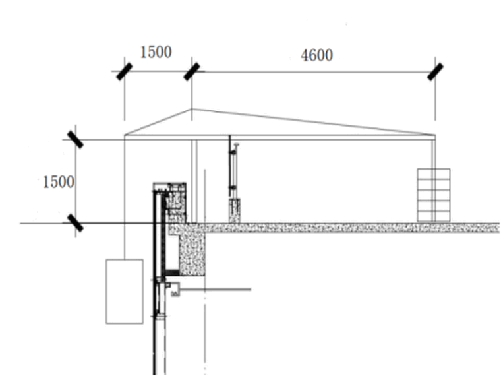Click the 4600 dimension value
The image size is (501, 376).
tap(316, 56)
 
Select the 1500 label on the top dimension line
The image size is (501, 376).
tap(156, 52)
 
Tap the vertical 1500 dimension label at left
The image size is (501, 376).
tap(59, 181)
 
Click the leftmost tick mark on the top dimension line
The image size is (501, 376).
tap(124, 71)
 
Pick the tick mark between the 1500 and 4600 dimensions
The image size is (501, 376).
tap(192, 71)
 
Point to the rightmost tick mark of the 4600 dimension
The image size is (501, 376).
tap(435, 71)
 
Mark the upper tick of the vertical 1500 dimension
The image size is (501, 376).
tap(75, 139)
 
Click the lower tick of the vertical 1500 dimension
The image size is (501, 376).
tap(75, 223)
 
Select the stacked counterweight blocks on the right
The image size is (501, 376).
tap(433, 195)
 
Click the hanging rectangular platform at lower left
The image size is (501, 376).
tap(124, 291)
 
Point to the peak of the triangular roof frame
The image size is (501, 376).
tap(192, 110)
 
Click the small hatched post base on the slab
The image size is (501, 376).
tap(234, 210)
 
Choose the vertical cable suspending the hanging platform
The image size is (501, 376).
tap(125, 198)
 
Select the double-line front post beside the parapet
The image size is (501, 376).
tap(194, 181)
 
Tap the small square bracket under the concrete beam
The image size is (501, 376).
tap(175, 288)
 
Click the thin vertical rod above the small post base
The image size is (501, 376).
tap(231, 165)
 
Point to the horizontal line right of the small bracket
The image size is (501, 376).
tap(218, 289)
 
